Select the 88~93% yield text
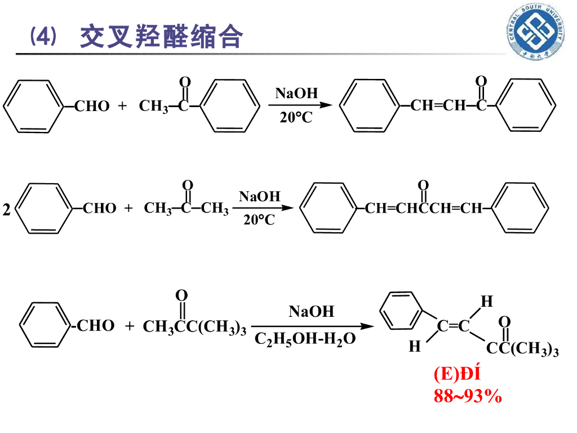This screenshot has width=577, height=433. [467, 396]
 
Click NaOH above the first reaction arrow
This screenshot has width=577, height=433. [296, 94]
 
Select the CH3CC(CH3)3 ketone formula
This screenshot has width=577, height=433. [194, 327]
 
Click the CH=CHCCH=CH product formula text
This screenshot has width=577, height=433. [424, 209]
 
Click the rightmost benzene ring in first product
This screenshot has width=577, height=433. [527, 105]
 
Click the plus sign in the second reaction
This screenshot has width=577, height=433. [128, 209]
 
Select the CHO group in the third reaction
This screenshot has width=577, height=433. [95, 326]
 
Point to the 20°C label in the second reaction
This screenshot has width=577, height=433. [259, 220]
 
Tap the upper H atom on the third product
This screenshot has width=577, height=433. [486, 302]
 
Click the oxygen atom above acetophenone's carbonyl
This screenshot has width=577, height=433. [184, 82]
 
